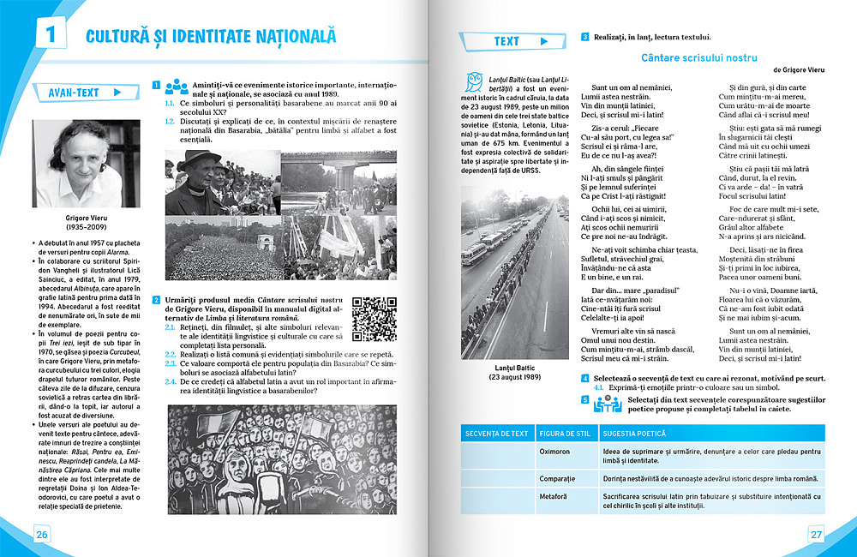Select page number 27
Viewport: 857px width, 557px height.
click(x=816, y=535)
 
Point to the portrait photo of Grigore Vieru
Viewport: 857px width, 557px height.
click(x=76, y=163)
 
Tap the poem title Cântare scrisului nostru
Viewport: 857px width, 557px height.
click(x=699, y=57)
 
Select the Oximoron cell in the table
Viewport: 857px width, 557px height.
click(x=555, y=451)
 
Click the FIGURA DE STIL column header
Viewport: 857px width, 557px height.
click(x=565, y=433)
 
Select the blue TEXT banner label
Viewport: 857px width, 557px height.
click(x=506, y=41)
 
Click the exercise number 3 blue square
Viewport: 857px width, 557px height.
click(x=584, y=37)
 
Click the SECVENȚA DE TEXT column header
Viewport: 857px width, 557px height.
click(x=497, y=433)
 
